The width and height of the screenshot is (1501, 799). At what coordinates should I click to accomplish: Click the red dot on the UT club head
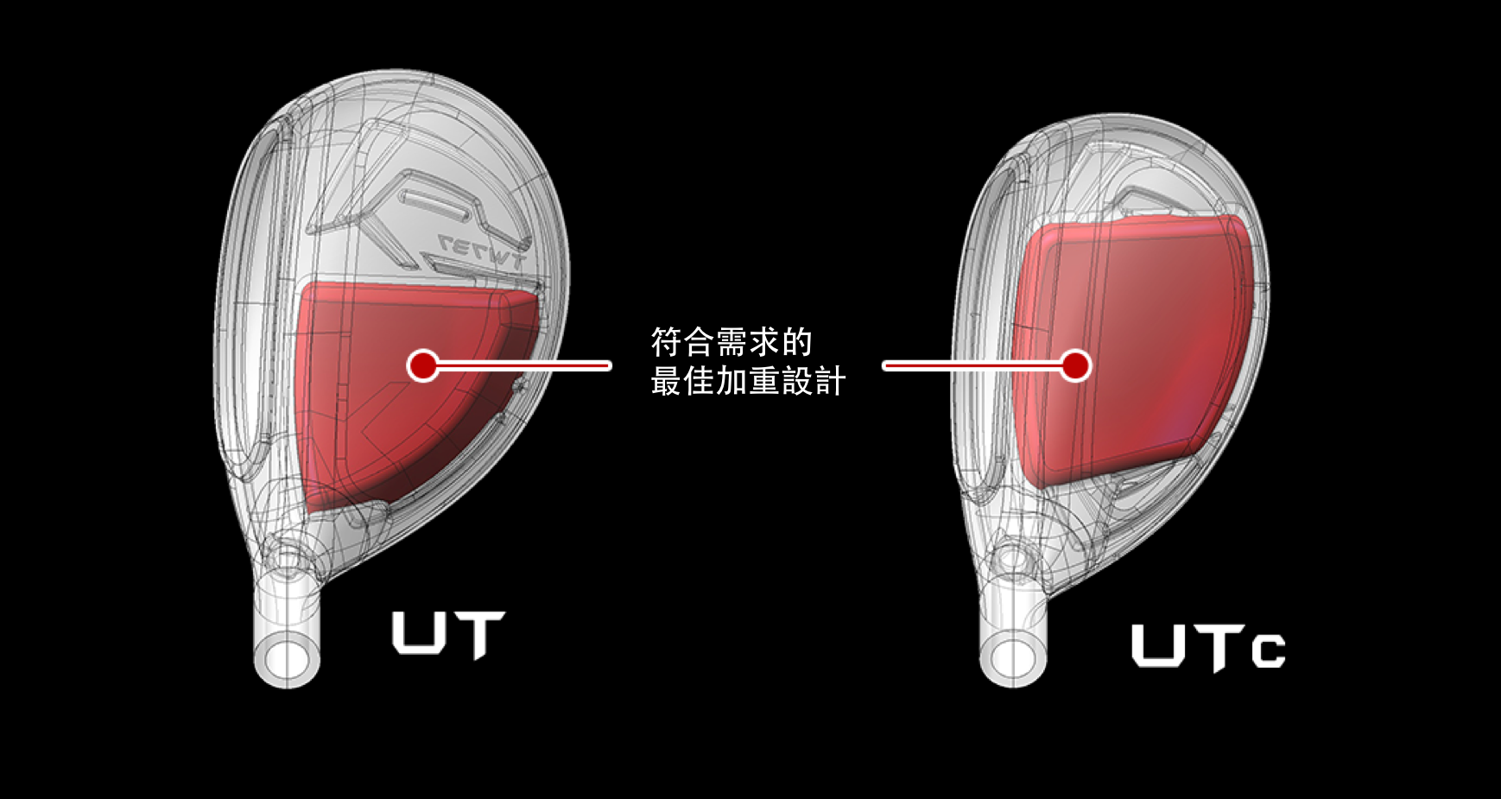[423, 365]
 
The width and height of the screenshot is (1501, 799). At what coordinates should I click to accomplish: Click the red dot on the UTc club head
[1075, 365]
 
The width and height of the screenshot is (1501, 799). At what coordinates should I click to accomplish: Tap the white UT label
[448, 634]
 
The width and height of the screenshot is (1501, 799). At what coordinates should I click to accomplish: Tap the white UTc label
[1208, 647]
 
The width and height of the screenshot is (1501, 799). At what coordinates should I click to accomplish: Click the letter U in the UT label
[419, 632]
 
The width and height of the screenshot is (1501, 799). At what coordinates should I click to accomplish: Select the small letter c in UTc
[1270, 651]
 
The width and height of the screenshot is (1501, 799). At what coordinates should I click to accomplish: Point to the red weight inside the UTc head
[1131, 350]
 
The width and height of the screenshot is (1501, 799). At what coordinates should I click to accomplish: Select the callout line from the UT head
[523, 365]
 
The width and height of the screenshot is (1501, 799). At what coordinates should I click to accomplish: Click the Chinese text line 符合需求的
[731, 342]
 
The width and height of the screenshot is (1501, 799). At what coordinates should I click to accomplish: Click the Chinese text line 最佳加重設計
[748, 381]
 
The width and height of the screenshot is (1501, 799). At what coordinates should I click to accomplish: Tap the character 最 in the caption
[666, 381]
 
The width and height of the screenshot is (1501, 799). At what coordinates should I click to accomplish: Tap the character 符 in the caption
[666, 342]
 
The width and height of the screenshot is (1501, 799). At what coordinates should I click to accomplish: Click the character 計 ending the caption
[831, 381]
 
